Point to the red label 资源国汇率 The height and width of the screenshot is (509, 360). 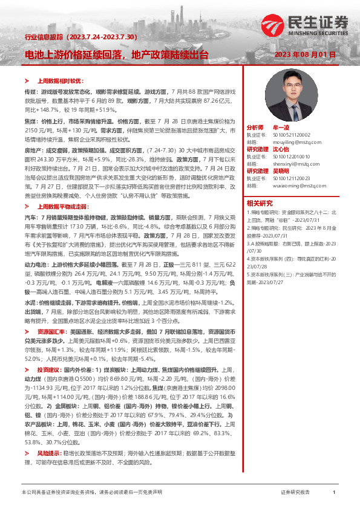click(x=51, y=332)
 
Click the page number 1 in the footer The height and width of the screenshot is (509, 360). click(x=334, y=493)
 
